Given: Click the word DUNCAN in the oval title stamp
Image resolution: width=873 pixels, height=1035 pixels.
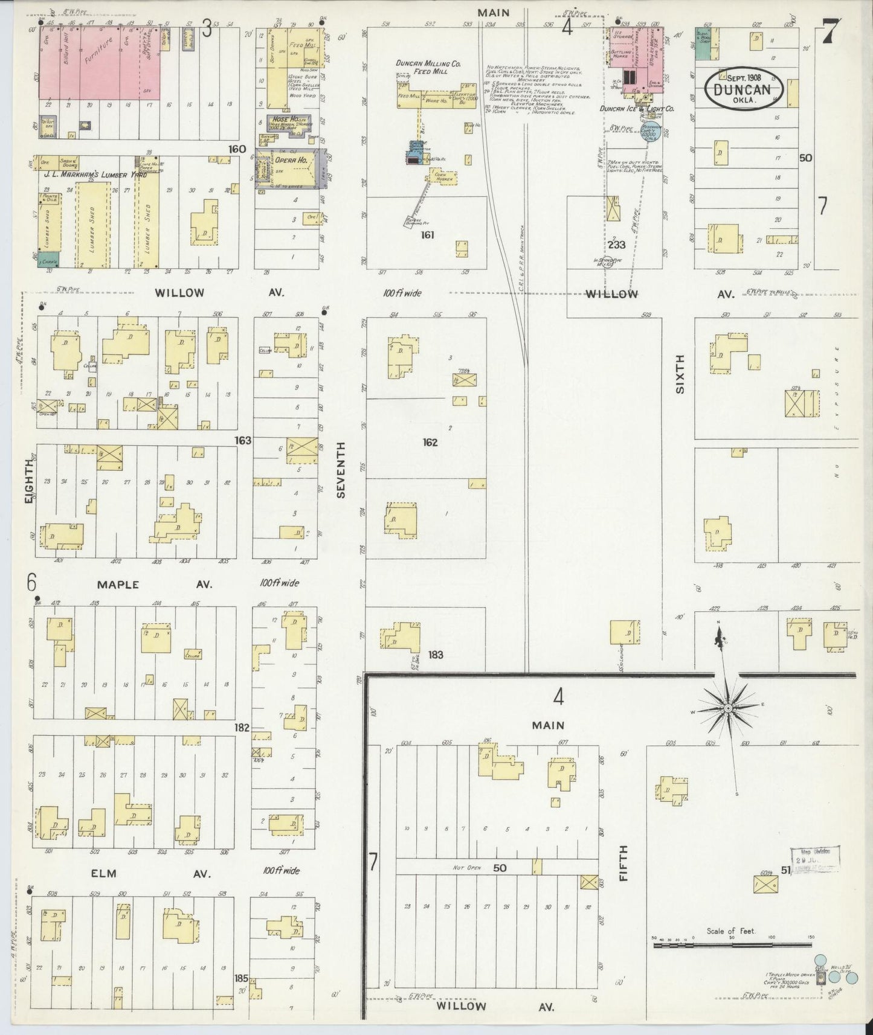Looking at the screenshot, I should pyautogui.click(x=743, y=89).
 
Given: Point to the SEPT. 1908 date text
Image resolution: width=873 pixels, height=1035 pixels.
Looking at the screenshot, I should pyautogui.click(x=743, y=77).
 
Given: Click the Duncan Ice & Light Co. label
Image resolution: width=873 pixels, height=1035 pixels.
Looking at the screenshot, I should pyautogui.click(x=637, y=109).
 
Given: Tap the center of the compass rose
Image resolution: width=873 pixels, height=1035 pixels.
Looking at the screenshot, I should pyautogui.click(x=729, y=707).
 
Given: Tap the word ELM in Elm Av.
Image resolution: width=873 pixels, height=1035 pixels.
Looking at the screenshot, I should pyautogui.click(x=103, y=873).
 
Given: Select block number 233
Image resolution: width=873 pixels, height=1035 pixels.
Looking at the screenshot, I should pyautogui.click(x=617, y=245).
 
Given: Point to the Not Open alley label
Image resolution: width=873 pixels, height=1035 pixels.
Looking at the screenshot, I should pyautogui.click(x=466, y=868).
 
